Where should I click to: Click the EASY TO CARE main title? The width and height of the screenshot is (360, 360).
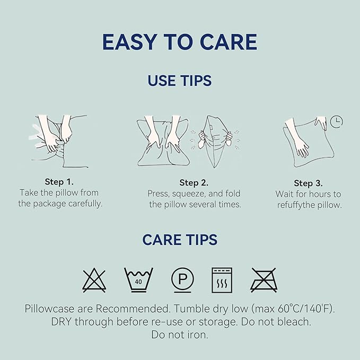point(180,42)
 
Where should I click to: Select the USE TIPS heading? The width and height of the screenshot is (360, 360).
point(180,81)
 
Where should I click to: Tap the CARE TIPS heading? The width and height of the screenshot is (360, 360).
point(180,240)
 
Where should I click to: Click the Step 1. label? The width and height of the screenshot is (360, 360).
point(59,182)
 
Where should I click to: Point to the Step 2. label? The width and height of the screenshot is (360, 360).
point(194,183)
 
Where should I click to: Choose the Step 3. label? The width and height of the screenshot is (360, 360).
point(308,183)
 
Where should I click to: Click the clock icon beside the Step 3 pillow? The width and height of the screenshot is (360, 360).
point(337,122)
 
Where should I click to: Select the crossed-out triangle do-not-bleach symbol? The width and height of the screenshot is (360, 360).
point(94,280)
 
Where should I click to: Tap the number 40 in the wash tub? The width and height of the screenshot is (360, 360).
point(138,282)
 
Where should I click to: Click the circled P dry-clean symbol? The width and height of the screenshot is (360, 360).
point(182,280)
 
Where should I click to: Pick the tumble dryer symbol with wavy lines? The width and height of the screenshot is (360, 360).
point(222,280)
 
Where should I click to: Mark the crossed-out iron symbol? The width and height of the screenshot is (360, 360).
point(264,280)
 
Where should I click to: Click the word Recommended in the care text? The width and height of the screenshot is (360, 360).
point(133,309)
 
